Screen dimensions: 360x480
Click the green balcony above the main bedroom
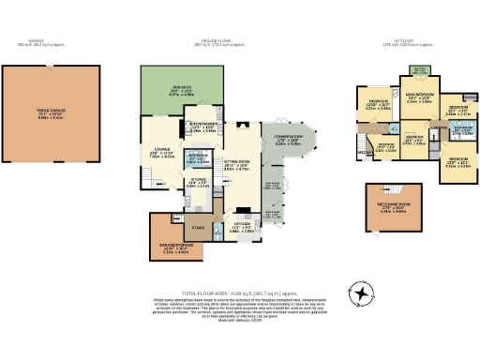[420, 73]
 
